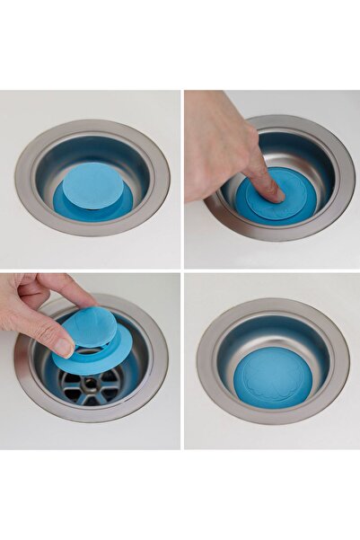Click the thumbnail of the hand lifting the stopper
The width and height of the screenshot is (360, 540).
point(90,360)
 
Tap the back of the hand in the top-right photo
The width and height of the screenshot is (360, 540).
point(215,144)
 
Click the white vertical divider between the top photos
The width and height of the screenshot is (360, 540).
point(182,180)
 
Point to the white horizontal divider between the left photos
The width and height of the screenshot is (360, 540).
point(90,271)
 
